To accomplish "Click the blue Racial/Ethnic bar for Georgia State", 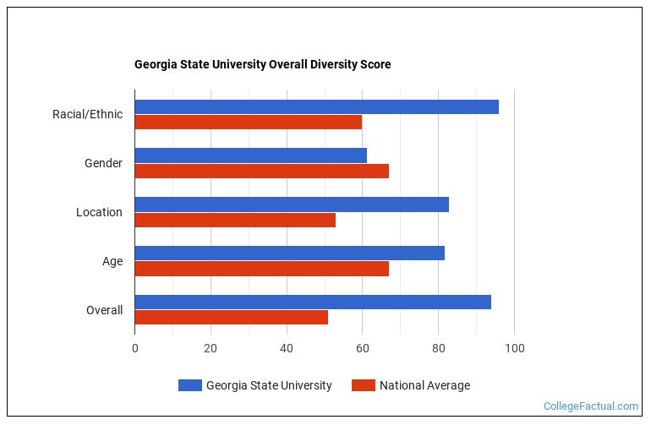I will pyautogui.click(x=316, y=106).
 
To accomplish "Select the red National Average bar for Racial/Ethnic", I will pyautogui.click(x=248, y=122).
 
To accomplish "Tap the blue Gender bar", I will pyautogui.click(x=250, y=155).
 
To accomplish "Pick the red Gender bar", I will pyautogui.click(x=261, y=171).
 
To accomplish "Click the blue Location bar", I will pyautogui.click(x=292, y=204).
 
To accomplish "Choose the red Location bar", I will pyautogui.click(x=235, y=220).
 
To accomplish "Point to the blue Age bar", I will pyautogui.click(x=289, y=253).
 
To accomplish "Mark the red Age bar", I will pyautogui.click(x=261, y=269).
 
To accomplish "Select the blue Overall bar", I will pyautogui.click(x=313, y=302).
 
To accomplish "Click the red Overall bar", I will pyautogui.click(x=231, y=318).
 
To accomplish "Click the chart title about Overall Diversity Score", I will pyautogui.click(x=262, y=64).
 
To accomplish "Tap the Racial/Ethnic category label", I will pyautogui.click(x=87, y=114).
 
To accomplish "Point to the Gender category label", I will pyautogui.click(x=103, y=163).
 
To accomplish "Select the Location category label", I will pyautogui.click(x=99, y=212).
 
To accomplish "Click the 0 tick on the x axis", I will pyautogui.click(x=134, y=348).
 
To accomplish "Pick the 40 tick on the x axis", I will pyautogui.click(x=287, y=348).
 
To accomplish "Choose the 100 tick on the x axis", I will pyautogui.click(x=514, y=348).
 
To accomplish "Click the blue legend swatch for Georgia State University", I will pyautogui.click(x=190, y=385).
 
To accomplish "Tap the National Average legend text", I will pyautogui.click(x=424, y=385).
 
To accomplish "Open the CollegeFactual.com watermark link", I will pyautogui.click(x=590, y=406).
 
